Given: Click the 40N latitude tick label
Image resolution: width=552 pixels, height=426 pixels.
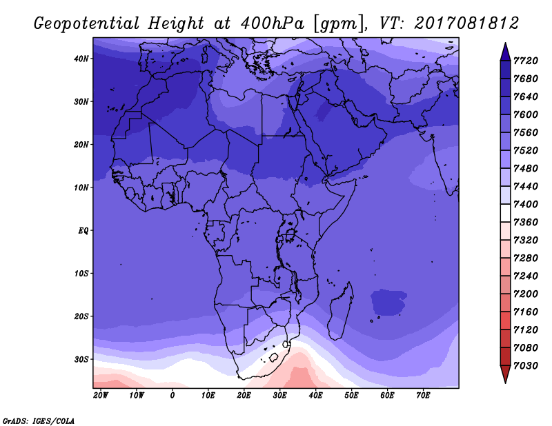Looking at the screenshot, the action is tap(81, 59).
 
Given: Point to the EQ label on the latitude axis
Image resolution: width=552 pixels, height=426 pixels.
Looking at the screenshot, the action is tap(83, 231).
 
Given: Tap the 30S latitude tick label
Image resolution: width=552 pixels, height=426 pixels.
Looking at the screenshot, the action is tap(81, 360).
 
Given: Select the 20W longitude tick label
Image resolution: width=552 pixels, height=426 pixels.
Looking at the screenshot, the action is tap(101, 396).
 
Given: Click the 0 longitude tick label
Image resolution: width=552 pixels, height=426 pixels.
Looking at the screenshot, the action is tap(172, 396).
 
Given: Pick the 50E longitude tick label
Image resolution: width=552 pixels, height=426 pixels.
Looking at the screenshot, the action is tap(351, 396).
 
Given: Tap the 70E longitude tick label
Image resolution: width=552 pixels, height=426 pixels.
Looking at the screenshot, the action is tap(423, 396).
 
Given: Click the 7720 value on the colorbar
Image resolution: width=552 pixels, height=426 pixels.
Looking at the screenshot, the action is tap(526, 61).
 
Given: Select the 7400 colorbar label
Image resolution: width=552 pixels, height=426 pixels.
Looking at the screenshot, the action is tap(526, 204).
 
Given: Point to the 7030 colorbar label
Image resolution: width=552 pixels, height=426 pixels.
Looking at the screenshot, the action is tap(526, 366).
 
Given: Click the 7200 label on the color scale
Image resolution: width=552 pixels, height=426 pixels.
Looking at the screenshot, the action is tap(526, 294).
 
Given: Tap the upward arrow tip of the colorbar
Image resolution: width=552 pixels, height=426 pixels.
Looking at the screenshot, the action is tap(505, 43).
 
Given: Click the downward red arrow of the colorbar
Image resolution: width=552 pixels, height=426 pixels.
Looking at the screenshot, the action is tap(505, 374).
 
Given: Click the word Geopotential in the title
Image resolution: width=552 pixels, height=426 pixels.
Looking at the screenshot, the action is tap(87, 24).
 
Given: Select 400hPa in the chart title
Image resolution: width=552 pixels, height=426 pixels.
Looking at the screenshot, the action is tap(273, 23).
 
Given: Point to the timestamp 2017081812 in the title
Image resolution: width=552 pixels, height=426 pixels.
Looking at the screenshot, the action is tap(466, 23).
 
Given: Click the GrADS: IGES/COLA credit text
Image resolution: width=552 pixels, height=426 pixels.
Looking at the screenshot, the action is tap(39, 421).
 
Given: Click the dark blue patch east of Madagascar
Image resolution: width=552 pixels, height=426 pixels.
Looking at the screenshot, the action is tap(388, 302).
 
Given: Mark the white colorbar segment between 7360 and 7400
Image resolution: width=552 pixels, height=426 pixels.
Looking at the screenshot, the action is tap(505, 213).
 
